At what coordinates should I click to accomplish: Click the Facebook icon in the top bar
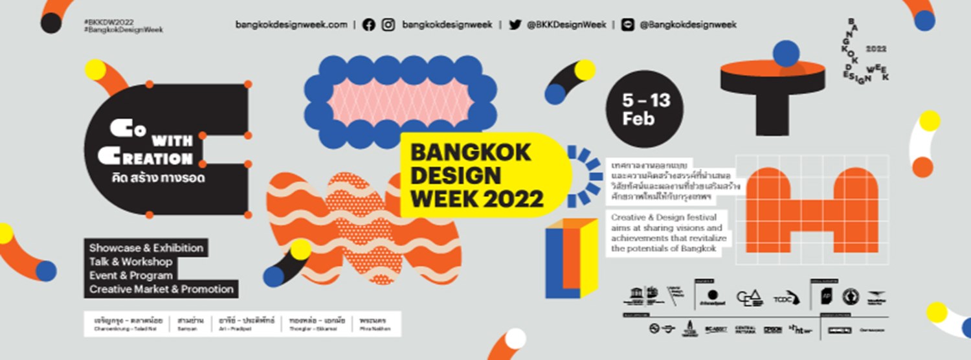click(x=369, y=25)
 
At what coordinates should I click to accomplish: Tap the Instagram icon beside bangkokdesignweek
click(x=388, y=25)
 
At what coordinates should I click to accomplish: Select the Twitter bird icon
click(x=515, y=25)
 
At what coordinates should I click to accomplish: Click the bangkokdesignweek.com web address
click(x=291, y=25)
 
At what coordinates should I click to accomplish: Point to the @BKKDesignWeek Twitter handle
click(x=566, y=25)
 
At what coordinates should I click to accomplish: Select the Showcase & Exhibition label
click(x=146, y=248)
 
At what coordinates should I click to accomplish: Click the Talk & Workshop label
click(x=131, y=262)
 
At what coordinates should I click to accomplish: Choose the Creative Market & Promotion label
click(x=161, y=289)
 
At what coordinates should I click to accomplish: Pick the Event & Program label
click(x=131, y=275)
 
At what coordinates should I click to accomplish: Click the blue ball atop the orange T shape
click(x=787, y=53)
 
